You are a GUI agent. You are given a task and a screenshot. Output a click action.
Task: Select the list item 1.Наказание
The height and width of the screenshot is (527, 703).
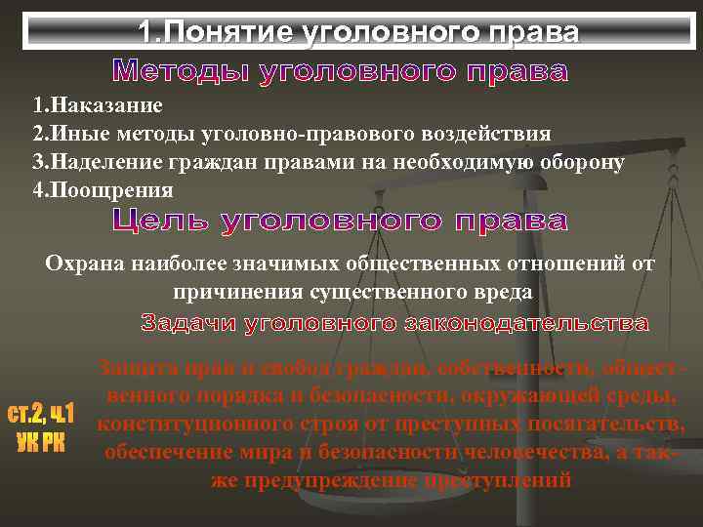point(97,104)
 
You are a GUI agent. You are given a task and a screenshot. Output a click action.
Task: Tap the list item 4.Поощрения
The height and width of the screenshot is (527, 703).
point(103,189)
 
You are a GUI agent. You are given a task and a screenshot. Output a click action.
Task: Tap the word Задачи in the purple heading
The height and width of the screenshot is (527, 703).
point(185,322)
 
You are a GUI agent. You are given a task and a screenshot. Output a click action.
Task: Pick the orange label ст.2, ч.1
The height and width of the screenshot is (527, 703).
point(41,414)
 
